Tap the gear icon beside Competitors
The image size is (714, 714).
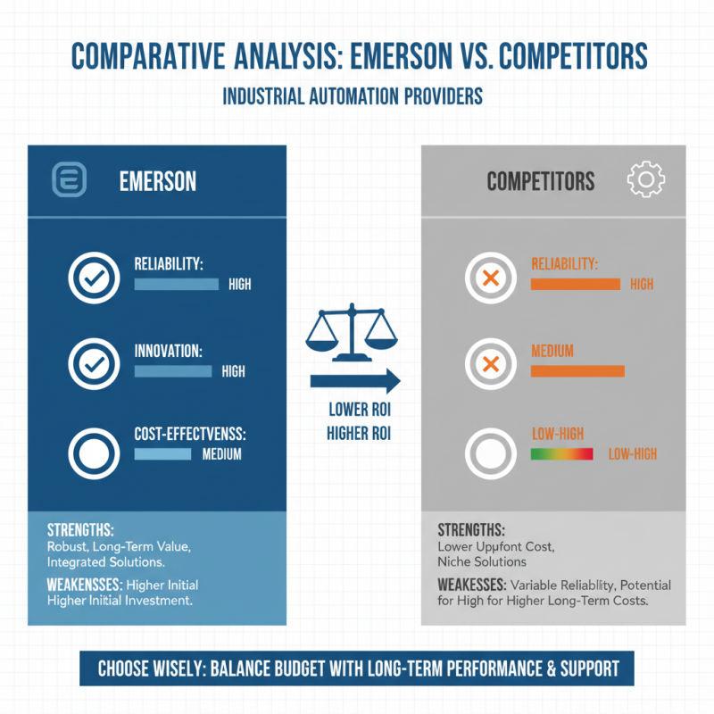click(x=646, y=181)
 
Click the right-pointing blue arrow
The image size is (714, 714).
click(x=354, y=382)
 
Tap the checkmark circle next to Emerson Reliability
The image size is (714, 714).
click(x=94, y=279)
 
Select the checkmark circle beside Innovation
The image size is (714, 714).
click(x=94, y=364)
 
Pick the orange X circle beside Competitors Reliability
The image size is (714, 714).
click(x=490, y=279)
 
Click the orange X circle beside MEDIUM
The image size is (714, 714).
click(x=490, y=364)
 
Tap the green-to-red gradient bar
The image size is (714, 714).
click(x=561, y=454)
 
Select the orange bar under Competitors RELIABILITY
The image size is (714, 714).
click(x=575, y=284)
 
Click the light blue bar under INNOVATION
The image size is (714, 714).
click(x=172, y=370)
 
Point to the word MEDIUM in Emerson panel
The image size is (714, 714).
click(x=222, y=454)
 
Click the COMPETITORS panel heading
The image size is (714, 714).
click(x=540, y=182)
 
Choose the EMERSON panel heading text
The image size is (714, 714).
click(x=158, y=182)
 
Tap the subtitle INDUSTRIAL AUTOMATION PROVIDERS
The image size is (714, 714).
click(x=353, y=96)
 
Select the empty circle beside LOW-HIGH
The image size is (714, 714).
click(x=490, y=454)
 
